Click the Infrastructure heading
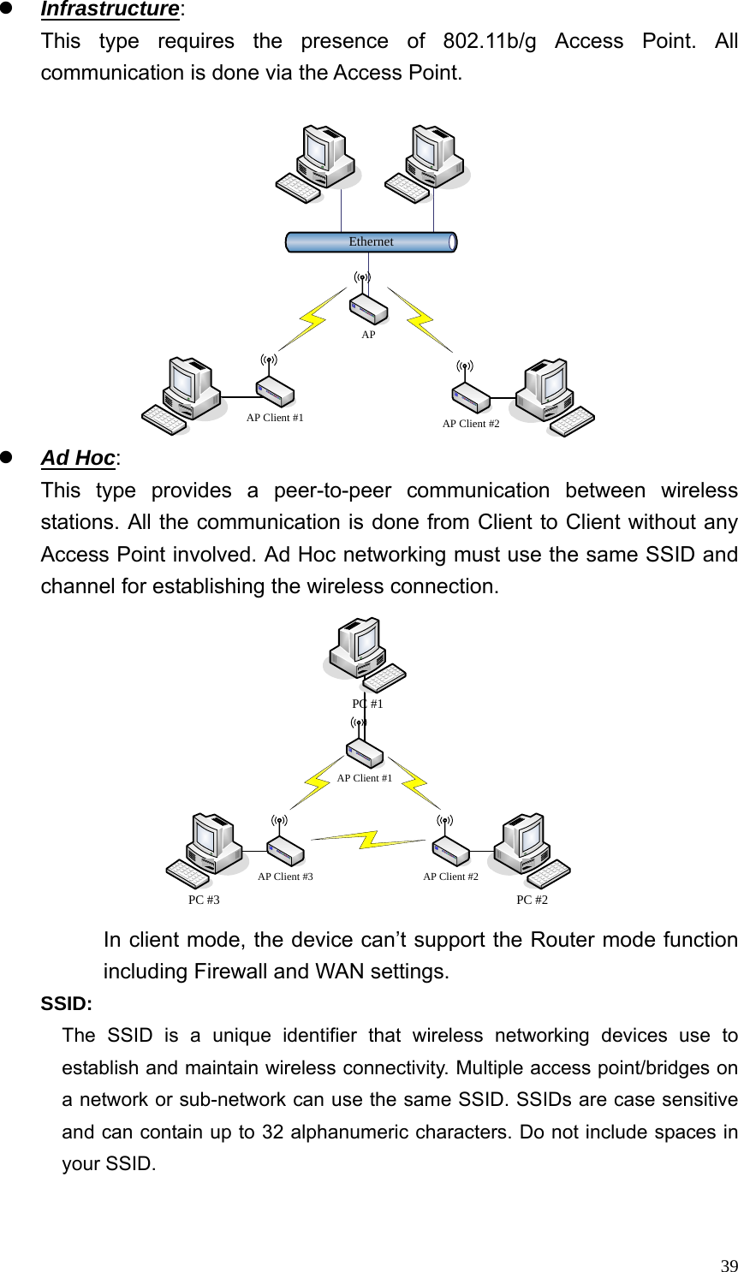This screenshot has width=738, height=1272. click(x=110, y=9)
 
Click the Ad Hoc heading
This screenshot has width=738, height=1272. click(x=78, y=458)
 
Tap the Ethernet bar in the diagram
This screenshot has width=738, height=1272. click(x=371, y=242)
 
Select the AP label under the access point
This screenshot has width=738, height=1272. click(x=368, y=335)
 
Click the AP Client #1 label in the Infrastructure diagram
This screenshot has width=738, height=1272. click(x=275, y=419)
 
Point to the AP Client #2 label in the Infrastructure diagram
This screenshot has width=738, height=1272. click(x=470, y=424)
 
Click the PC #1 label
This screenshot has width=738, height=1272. click(x=367, y=704)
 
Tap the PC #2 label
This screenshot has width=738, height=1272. click(x=532, y=900)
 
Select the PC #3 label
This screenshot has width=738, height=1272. click(x=204, y=900)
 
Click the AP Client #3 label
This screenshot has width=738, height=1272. click(x=285, y=877)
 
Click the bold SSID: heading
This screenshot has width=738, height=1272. click(x=67, y=1003)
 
